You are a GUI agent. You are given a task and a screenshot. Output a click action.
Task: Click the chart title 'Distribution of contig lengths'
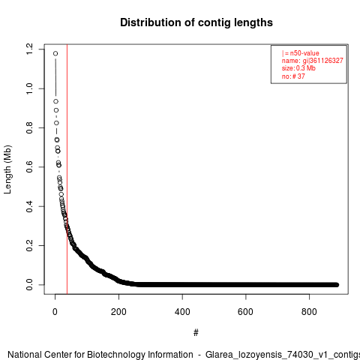[196, 22]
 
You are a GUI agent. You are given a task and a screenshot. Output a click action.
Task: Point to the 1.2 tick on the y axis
[29, 49]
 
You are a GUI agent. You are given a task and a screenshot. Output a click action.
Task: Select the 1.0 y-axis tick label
[29, 88]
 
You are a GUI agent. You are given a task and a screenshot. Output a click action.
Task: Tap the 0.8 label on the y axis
[29, 127]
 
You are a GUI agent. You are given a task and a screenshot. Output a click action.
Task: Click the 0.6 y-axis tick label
[29, 167]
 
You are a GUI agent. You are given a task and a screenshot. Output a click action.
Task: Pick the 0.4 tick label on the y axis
[29, 206]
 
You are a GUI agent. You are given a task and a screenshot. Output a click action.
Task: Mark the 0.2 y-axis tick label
[29, 245]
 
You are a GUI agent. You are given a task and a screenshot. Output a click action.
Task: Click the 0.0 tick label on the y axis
[29, 285]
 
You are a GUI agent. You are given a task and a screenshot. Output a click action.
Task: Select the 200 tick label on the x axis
[118, 312]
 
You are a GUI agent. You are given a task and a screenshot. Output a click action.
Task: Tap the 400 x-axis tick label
[182, 312]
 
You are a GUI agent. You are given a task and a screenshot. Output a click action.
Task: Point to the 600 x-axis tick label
[246, 312]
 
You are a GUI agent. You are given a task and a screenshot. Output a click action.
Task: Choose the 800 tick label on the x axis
[309, 312]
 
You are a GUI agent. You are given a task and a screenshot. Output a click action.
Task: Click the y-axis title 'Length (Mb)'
[7, 169]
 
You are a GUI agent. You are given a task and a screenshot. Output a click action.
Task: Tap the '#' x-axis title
[196, 333]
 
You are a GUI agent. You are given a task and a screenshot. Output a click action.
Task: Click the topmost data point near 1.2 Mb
[55, 53]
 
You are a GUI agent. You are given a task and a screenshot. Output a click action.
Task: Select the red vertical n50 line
[67, 169]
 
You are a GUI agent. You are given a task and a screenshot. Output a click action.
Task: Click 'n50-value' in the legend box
[304, 53]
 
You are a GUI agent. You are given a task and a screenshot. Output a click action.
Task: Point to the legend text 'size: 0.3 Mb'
[298, 68]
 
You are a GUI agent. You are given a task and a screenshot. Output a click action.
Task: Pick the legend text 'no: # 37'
[293, 76]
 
